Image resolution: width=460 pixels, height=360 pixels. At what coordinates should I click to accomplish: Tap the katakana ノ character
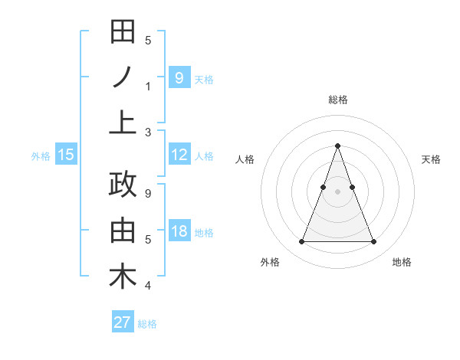coord(123,77)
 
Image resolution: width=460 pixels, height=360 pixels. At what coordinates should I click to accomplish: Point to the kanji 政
coord(123,186)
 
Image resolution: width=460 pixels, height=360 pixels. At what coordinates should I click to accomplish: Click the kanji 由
coord(123,231)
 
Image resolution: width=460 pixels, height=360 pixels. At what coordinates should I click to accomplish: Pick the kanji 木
coord(123,277)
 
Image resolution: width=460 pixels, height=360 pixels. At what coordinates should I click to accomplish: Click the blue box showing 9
coord(179,77)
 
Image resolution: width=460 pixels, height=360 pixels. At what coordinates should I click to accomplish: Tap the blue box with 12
coord(179,155)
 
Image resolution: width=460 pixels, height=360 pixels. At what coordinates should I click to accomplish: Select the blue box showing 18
coord(179,231)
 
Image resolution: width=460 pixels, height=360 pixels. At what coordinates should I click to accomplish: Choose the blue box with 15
coord(66,155)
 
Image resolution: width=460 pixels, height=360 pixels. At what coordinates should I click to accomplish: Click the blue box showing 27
coord(123,322)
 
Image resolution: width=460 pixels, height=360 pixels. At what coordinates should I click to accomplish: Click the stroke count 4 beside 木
coord(148,286)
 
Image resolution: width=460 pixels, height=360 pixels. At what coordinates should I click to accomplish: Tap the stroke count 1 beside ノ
coord(148,87)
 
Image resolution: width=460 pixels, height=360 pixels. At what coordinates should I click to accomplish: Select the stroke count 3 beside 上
coord(148,132)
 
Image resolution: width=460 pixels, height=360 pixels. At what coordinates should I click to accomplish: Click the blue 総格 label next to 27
coord(147,324)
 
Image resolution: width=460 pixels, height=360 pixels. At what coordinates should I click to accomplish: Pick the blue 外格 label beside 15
coord(41,156)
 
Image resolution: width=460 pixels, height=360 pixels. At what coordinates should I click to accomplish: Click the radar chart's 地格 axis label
coord(402,263)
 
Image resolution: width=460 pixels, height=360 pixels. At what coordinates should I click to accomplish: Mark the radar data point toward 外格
coord(301,242)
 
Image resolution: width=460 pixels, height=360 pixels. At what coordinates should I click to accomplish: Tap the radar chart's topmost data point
coord(337,146)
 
